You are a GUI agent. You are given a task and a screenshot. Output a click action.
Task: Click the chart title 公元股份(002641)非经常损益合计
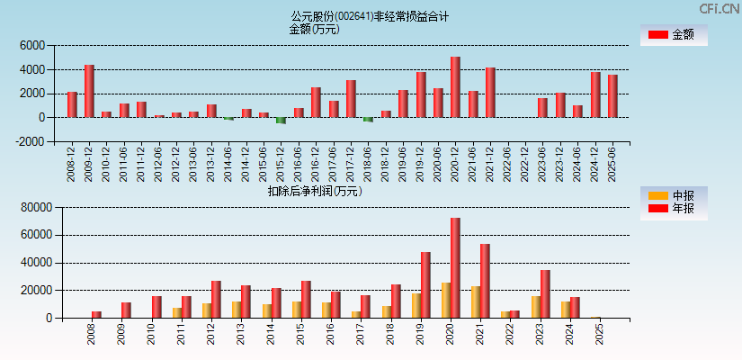tap(370, 16)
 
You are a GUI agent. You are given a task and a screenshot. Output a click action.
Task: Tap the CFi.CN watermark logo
tap(719, 8)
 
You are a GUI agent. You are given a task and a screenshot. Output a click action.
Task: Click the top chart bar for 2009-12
tap(89, 91)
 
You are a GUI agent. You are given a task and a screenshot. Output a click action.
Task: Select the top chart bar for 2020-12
tap(455, 87)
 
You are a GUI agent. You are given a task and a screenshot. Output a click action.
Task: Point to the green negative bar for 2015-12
tap(281, 120)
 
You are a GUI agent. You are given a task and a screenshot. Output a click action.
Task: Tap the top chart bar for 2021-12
tap(490, 93)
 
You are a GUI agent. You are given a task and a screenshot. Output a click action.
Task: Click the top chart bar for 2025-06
tap(612, 95)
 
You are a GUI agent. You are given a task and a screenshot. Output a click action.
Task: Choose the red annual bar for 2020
tap(455, 267)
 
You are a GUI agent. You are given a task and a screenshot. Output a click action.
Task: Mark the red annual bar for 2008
tap(96, 314)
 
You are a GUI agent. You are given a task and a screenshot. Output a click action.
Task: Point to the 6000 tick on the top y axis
tap(31, 45)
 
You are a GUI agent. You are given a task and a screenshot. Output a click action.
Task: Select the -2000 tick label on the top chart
tap(30, 141)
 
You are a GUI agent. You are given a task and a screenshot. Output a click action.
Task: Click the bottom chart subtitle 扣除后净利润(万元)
tap(315, 191)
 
